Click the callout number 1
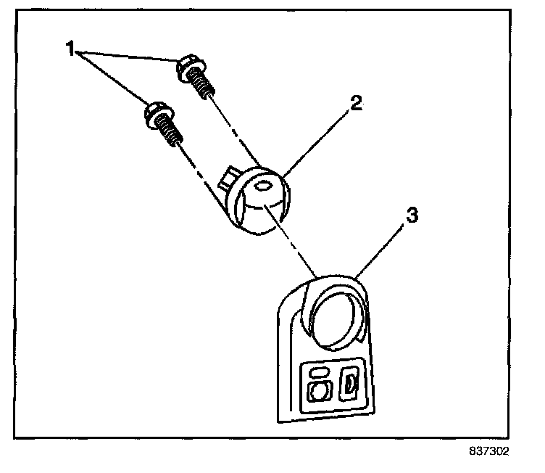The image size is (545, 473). [x=70, y=49]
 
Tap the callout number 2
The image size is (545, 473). [x=355, y=103]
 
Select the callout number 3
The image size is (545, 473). [x=411, y=215]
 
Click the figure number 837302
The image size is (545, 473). [x=488, y=451]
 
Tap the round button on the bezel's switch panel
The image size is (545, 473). [x=317, y=391]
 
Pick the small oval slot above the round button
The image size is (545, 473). [x=316, y=372]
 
